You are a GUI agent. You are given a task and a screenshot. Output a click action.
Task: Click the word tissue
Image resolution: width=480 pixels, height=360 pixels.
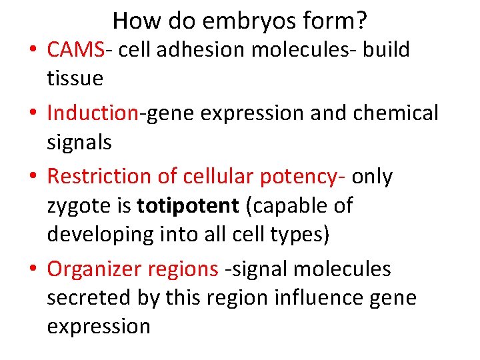[75, 79]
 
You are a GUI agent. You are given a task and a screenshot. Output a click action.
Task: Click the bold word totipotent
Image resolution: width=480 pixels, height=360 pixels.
[187, 206]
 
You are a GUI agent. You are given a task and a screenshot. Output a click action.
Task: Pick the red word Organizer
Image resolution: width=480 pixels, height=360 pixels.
[94, 269]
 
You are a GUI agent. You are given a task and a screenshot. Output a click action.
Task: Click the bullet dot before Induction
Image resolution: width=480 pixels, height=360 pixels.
[33, 113]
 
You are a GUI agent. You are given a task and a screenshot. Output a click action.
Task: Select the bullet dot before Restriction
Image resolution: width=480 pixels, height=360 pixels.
[33, 177]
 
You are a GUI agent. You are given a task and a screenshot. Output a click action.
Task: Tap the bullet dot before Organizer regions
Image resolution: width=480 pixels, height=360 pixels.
[33, 269]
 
